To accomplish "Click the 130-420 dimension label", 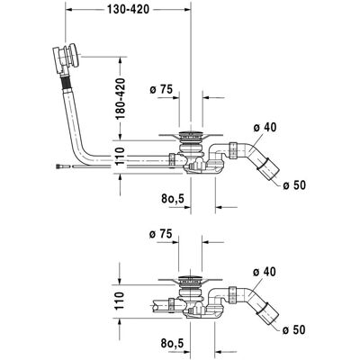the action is coord(128,10).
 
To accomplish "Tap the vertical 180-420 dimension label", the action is coord(121,99).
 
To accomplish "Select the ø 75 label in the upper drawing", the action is coord(161,89).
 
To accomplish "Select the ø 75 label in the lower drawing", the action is coord(161,234).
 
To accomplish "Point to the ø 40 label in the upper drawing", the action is coord(265,128).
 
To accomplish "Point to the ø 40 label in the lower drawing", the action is coord(264,272).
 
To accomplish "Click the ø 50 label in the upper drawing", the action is coord(294,185).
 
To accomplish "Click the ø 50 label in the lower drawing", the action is coord(294,330).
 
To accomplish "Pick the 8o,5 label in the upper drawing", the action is coord(173,198).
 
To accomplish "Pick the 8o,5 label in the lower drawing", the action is coord(172,343).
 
